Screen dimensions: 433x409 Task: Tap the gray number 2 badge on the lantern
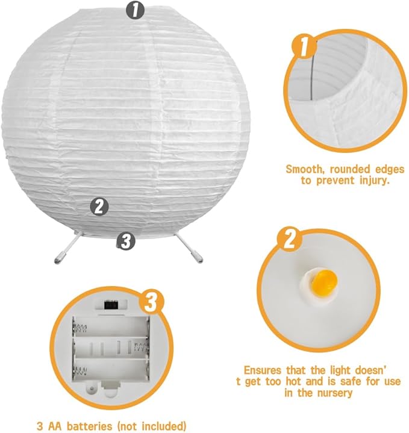coord(99,207)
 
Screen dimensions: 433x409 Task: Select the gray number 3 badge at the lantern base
coord(125,241)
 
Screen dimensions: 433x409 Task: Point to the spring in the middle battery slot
coord(140,347)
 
